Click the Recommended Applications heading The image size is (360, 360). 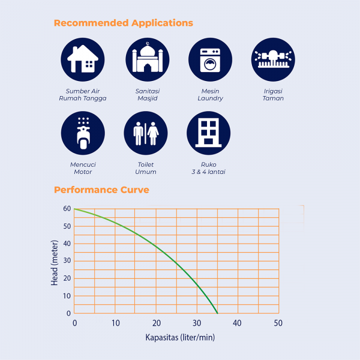123,23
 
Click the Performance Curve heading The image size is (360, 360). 101,190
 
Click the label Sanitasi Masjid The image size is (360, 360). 146,95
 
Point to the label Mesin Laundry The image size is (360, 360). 210,95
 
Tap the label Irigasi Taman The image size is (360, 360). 273,95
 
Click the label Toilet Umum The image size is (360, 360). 146,168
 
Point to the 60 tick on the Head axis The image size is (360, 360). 66,209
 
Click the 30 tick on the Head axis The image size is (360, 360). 66,261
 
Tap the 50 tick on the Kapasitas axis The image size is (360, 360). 278,323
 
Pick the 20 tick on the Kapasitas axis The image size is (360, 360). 156,323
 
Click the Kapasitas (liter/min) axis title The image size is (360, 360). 180,337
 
